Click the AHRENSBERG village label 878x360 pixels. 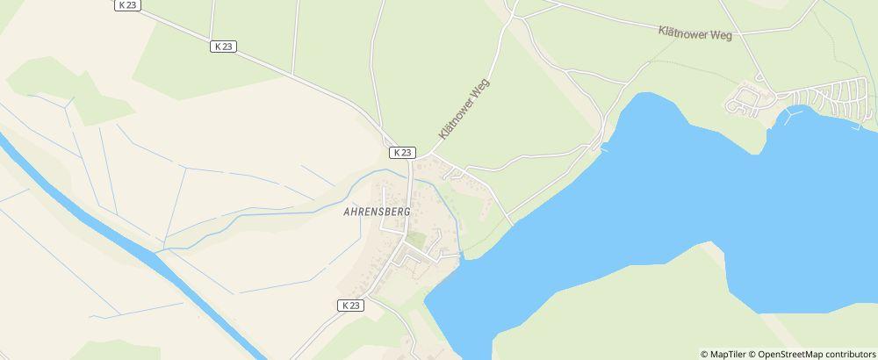378,212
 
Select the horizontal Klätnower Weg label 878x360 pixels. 694,32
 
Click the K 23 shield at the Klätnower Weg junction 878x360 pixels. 402,152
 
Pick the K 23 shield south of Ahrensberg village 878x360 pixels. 349,305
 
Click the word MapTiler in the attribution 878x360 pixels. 728,354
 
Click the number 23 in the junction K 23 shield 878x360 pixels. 406,152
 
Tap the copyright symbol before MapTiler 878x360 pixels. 704,354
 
